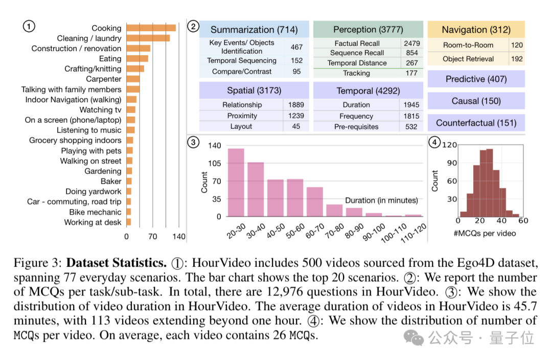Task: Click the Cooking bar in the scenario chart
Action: (x=151, y=28)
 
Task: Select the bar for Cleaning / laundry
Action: (x=148, y=38)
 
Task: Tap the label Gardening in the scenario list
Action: (x=103, y=171)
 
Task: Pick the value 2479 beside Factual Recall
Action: (x=411, y=43)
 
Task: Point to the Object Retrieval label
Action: (x=468, y=59)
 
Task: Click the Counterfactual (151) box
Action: (x=476, y=123)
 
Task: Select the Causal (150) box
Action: (x=476, y=101)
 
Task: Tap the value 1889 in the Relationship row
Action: (x=296, y=105)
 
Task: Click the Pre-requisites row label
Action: (x=356, y=126)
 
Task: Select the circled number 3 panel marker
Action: (x=193, y=143)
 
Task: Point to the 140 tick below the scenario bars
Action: (x=179, y=237)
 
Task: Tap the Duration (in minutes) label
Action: (x=381, y=200)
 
